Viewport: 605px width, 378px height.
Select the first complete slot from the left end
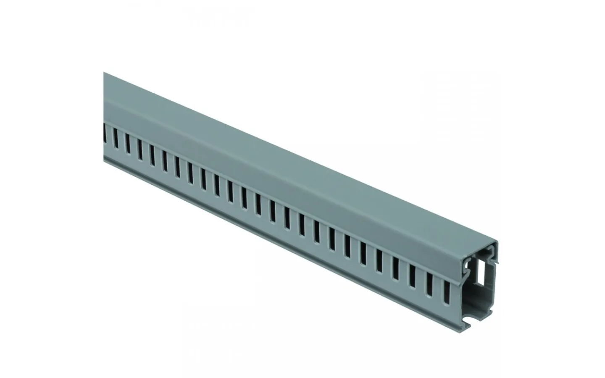point(114,143)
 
